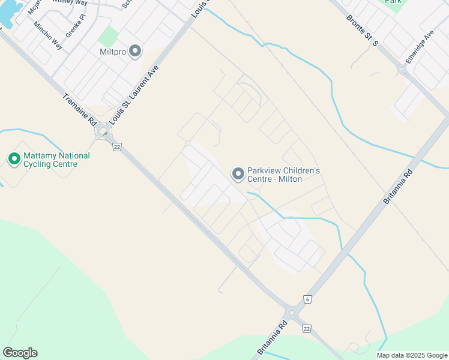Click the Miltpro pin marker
coord(135,52)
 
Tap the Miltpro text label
coord(113,52)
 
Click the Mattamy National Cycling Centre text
coord(56,160)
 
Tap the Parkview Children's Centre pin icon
coord(238,174)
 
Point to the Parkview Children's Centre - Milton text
coord(283,175)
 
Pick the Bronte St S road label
coord(363,30)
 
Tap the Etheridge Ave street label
coord(419,47)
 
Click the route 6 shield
coord(307,299)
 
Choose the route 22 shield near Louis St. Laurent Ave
coord(117,146)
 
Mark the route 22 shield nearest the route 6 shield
coord(307,328)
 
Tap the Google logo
coord(20,353)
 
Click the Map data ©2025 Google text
coord(412,355)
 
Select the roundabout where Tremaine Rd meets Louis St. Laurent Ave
coord(104,131)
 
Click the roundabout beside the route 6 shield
coord(292,313)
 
